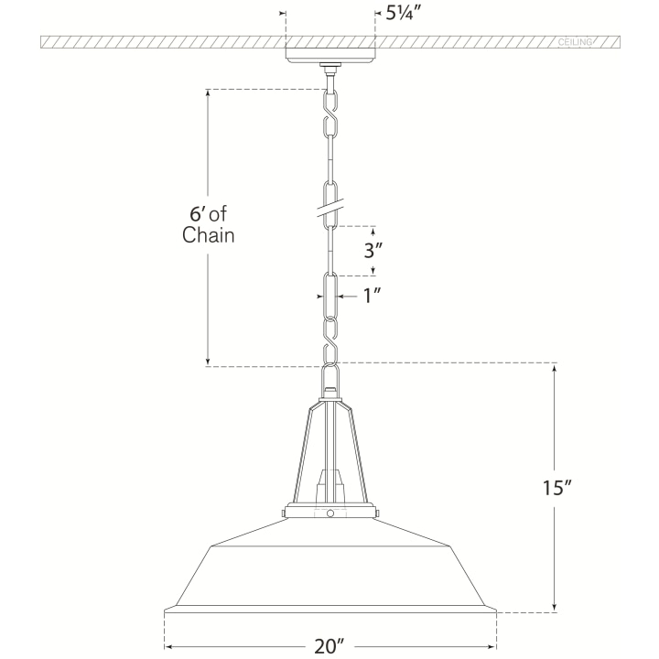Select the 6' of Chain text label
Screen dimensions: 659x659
[x=208, y=224]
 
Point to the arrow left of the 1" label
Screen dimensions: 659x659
[x=346, y=296]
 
